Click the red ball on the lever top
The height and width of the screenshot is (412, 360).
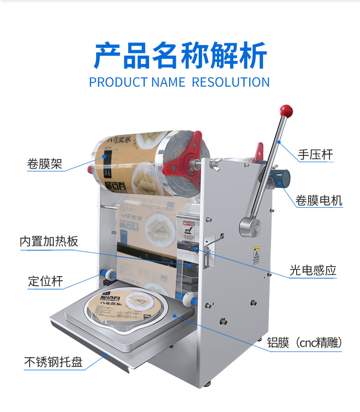coord(287,110)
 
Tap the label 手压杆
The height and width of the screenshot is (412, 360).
coord(315,155)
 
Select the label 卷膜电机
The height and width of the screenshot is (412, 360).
coord(319,200)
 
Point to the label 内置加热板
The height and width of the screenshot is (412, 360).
coord(49,241)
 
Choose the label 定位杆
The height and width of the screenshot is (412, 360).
coord(45,281)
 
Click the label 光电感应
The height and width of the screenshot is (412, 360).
coord(313,271)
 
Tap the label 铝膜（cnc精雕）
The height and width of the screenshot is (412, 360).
coord(305,343)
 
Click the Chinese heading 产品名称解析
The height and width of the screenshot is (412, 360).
coord(180,56)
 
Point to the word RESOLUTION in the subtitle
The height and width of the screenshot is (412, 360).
coord(231,82)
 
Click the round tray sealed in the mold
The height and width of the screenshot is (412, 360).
coord(124,307)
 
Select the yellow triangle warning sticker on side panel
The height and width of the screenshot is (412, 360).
coord(256,253)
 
